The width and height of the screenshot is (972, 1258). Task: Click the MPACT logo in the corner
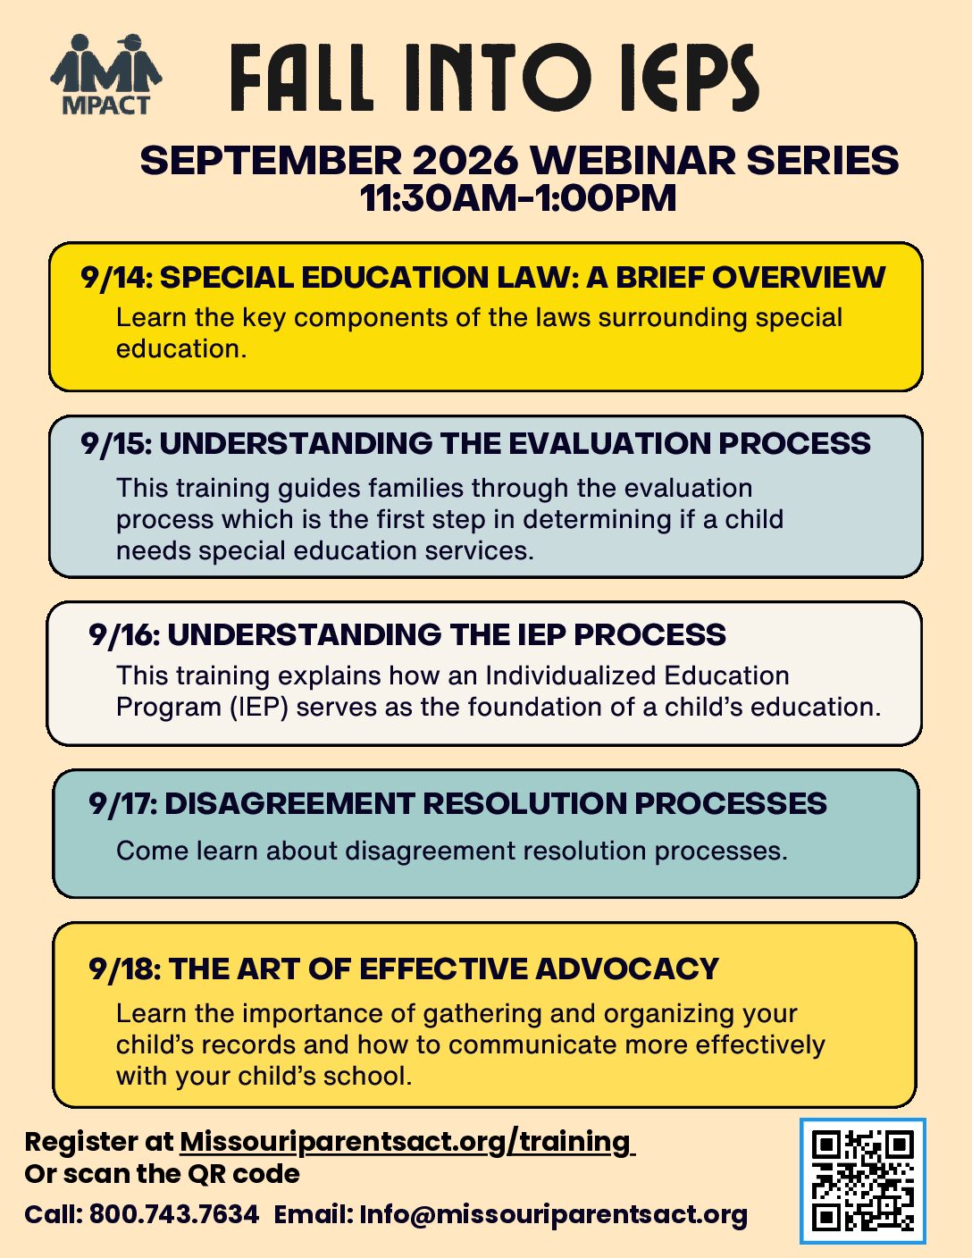pos(106,74)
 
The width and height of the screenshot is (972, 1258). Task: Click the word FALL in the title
pos(302,78)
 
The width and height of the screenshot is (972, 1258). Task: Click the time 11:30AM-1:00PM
pos(518,198)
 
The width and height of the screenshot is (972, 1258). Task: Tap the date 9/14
pos(116,277)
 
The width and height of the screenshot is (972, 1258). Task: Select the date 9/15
pos(116,444)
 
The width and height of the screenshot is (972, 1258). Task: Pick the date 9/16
pos(124,634)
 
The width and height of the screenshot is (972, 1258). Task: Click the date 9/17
pos(122,803)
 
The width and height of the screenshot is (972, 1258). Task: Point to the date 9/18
pos(124,969)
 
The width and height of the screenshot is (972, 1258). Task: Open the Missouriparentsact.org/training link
pos(407,1143)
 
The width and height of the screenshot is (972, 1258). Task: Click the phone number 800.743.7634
pos(173,1214)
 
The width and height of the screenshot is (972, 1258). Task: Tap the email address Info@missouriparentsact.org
pos(553,1215)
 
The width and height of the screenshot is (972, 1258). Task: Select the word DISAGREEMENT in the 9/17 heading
pos(289,803)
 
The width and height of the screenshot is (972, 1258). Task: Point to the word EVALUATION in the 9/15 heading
pos(610,444)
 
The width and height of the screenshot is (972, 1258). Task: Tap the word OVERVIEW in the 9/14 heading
pos(799,277)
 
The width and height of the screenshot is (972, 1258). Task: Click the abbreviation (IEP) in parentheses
pos(260,708)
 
